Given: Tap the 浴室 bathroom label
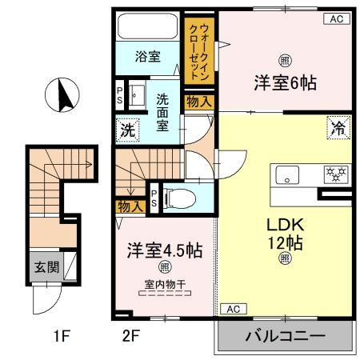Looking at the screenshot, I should click(147, 57).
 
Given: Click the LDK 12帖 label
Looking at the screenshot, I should click(284, 232).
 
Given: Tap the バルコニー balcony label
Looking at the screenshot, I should click(285, 336).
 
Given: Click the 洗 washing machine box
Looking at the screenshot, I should click(127, 129).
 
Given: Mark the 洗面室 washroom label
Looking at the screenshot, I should click(163, 110).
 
